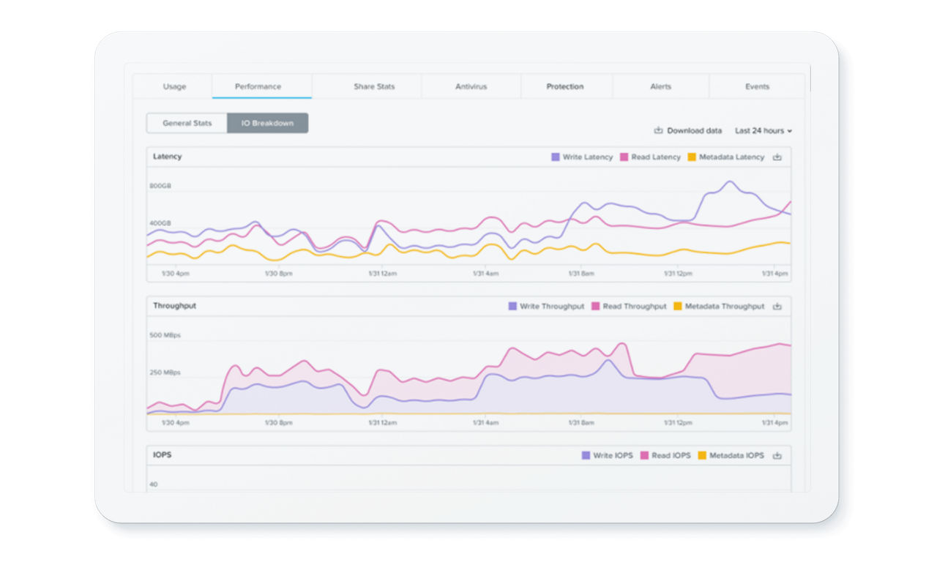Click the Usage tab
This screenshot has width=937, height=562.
point(174,86)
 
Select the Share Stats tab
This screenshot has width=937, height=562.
point(374,86)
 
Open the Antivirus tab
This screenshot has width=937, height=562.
point(471,86)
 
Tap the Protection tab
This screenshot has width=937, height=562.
point(565,86)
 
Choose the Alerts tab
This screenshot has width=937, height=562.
point(660,86)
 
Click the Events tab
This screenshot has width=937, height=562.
point(757,86)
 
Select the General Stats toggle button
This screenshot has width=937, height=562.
point(187,123)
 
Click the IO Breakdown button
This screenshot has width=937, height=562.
point(267,123)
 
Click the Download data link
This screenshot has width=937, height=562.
point(688,131)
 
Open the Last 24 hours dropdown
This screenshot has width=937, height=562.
point(764,131)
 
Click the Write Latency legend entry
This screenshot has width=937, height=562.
point(582,157)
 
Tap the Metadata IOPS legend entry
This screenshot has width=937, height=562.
point(730,456)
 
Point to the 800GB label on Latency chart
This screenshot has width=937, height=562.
point(160,187)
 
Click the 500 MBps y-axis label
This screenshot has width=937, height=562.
point(165,336)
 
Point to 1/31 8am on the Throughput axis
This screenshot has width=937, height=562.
point(581,423)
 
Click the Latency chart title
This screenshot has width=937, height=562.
point(168,157)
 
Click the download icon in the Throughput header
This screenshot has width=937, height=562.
point(777,307)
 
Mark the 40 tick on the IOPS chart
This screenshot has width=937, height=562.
point(154,484)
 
